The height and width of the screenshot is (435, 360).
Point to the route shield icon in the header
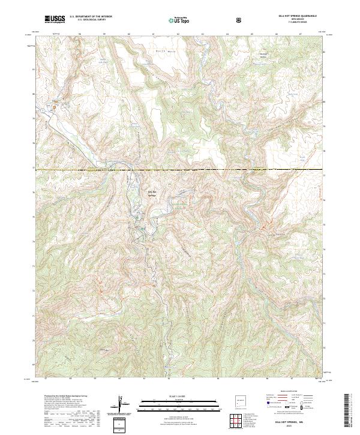[x=240, y=20]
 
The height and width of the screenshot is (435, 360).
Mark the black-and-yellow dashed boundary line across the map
[x=180, y=170]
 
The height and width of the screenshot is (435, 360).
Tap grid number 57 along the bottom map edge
[x=46, y=379]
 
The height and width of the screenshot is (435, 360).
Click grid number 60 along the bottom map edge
[x=120, y=379]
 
